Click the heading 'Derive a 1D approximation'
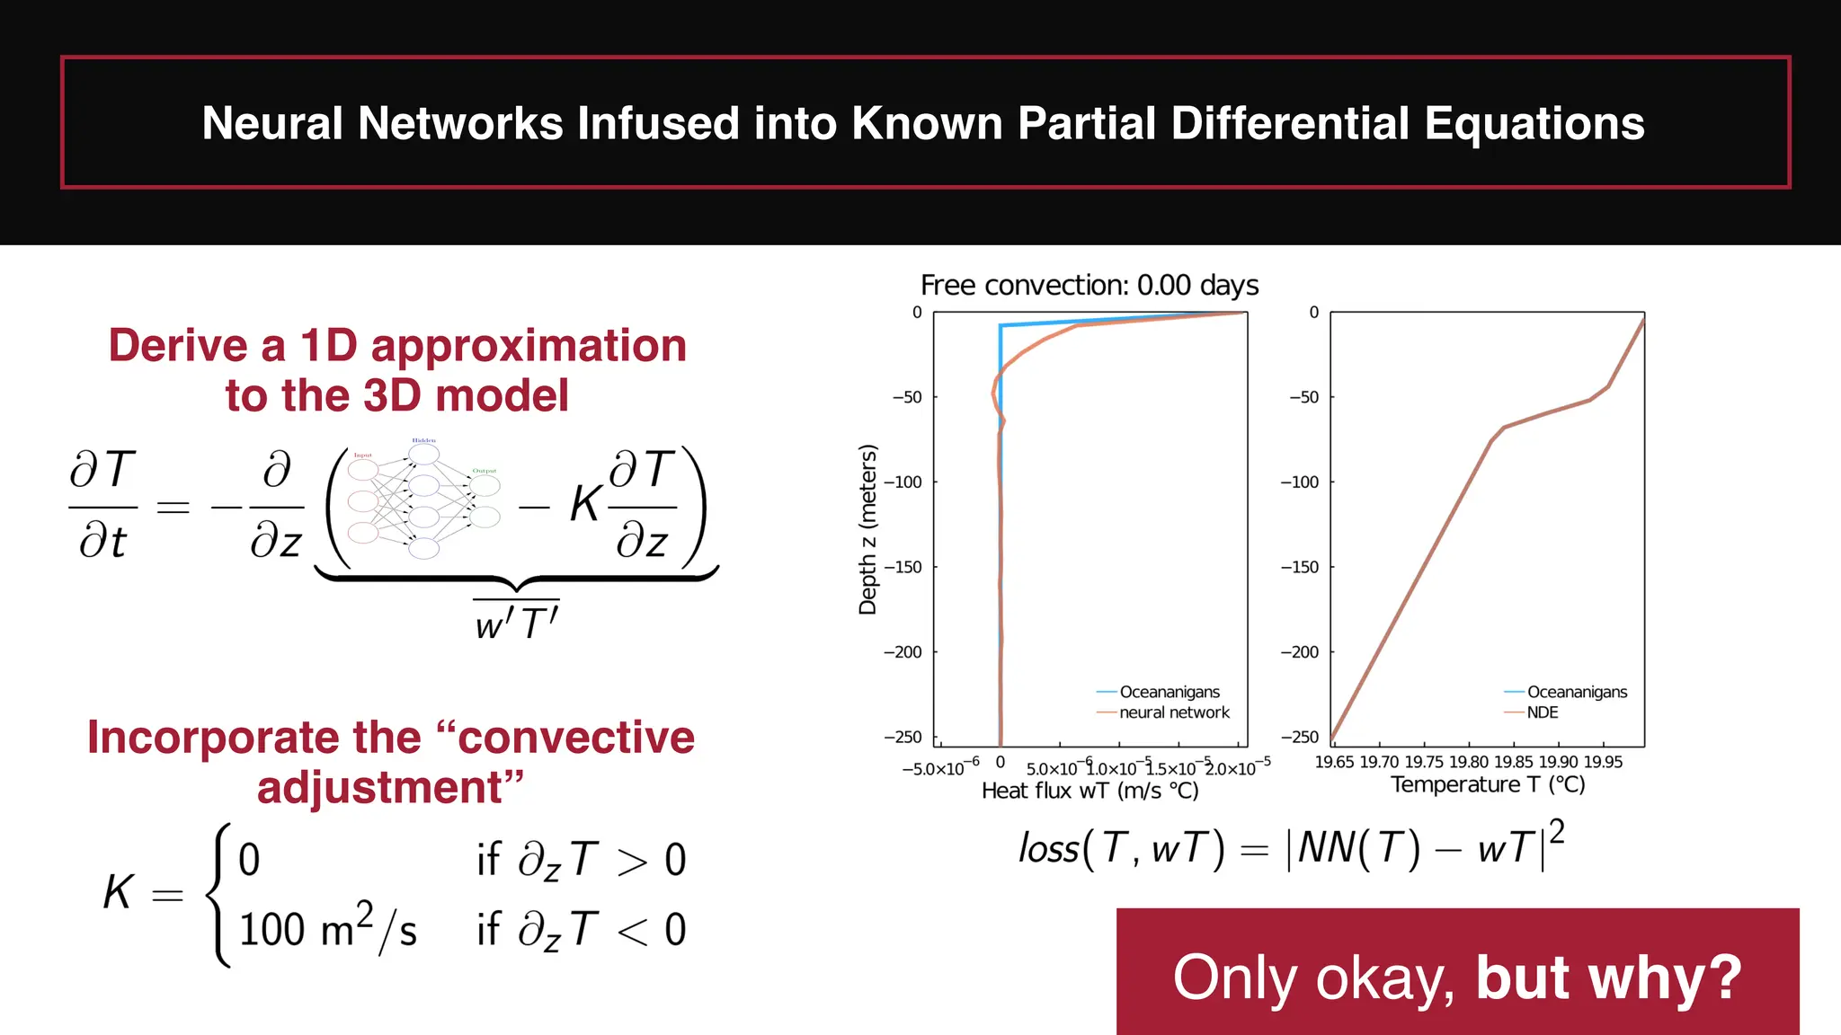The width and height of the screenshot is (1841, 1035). click(397, 346)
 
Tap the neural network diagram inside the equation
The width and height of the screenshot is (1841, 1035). click(423, 500)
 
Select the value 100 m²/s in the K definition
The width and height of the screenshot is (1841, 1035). click(327, 929)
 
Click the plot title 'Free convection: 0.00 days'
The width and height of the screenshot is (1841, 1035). click(1089, 286)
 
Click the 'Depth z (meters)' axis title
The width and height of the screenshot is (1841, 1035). click(867, 529)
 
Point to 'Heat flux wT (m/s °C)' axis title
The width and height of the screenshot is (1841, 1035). click(1089, 791)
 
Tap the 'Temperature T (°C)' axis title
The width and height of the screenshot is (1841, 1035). click(1488, 784)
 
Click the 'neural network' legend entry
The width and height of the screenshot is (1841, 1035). click(1173, 712)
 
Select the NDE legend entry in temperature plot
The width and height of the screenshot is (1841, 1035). click(1542, 712)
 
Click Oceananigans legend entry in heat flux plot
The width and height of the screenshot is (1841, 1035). click(1169, 692)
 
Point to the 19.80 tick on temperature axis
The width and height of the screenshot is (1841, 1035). click(1469, 762)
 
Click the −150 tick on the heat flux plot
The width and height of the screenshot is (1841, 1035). click(903, 567)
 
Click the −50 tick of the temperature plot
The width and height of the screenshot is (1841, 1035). click(1303, 397)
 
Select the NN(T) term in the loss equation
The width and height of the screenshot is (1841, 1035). click(1358, 848)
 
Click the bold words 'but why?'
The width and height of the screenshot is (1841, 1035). click(1608, 977)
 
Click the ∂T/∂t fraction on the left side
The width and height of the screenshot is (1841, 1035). click(102, 506)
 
